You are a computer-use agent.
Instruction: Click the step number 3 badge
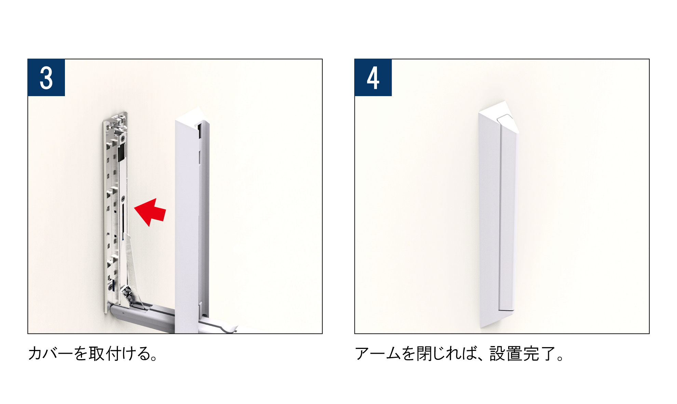click(x=46, y=78)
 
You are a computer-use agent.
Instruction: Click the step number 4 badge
click(x=373, y=78)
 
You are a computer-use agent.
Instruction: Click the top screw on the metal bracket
click(x=122, y=138)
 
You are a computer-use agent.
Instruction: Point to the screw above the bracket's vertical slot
click(x=123, y=198)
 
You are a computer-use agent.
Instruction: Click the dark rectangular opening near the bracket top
click(x=121, y=153)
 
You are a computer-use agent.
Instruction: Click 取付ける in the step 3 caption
click(x=119, y=353)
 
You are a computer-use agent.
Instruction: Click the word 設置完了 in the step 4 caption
click(x=523, y=353)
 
